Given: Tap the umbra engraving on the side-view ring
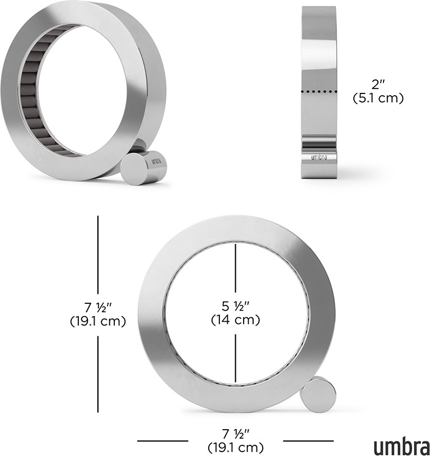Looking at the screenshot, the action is [319, 157].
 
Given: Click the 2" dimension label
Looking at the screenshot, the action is [378, 84].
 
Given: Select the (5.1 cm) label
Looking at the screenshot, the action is [378, 98].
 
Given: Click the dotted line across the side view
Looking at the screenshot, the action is [319, 92].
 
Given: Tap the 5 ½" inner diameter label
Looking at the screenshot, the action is [236, 306].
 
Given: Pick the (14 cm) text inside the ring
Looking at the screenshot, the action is [235, 320].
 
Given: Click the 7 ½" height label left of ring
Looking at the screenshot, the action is [98, 307].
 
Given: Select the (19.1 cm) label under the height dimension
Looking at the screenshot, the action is [98, 321].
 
